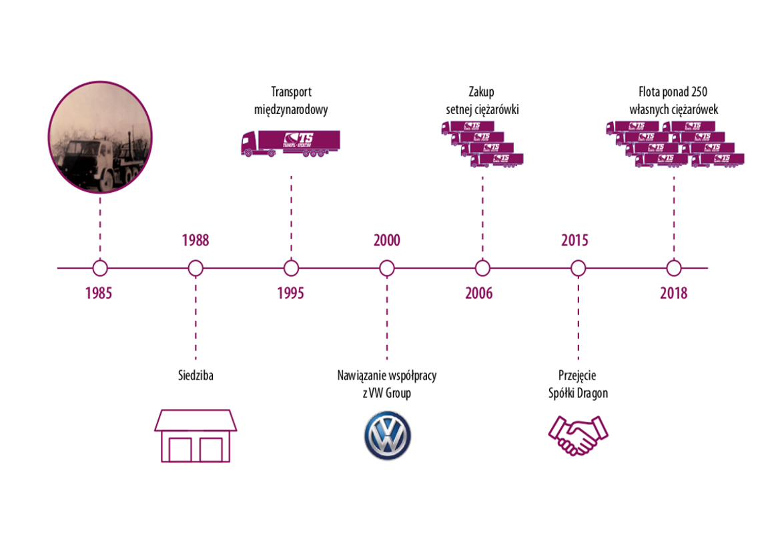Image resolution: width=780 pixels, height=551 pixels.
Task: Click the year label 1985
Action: click(x=99, y=293)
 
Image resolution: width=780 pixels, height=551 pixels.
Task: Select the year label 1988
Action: click(x=196, y=240)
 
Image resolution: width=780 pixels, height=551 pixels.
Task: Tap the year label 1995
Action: click(x=290, y=293)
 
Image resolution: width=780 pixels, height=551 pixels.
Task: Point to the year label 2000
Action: click(x=386, y=240)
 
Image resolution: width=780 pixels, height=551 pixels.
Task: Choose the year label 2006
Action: click(x=479, y=293)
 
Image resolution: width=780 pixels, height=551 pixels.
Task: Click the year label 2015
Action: click(x=574, y=240)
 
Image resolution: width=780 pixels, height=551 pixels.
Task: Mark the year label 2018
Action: click(x=673, y=293)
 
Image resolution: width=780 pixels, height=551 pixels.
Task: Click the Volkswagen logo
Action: click(x=388, y=436)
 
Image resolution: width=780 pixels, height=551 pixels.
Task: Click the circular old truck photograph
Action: click(x=100, y=137)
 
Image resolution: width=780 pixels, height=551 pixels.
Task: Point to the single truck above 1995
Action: click(x=290, y=143)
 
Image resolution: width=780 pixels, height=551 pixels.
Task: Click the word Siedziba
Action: click(x=196, y=375)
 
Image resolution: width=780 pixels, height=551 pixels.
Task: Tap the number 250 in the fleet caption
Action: click(x=699, y=91)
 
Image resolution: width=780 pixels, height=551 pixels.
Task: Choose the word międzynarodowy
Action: click(x=291, y=109)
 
